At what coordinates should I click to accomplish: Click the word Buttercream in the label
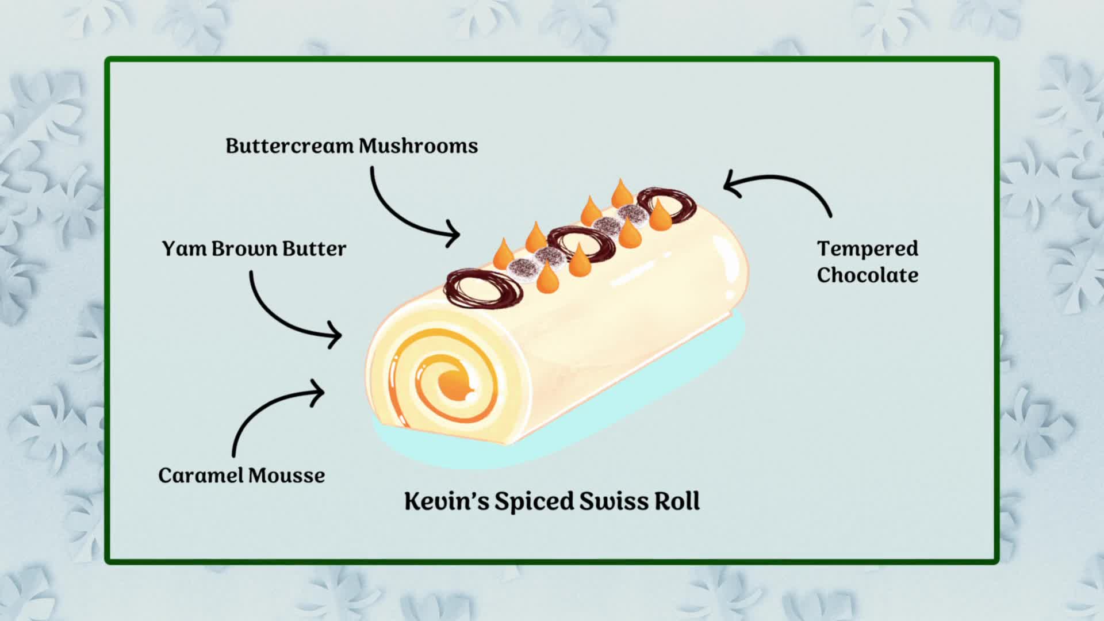(289, 146)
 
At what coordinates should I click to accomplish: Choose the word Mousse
(286, 476)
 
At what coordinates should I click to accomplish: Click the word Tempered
(867, 248)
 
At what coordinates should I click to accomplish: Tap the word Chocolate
(867, 275)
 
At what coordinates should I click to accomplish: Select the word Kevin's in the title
(446, 501)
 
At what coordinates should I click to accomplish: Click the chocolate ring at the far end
(667, 205)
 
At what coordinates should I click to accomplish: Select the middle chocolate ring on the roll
(581, 245)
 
